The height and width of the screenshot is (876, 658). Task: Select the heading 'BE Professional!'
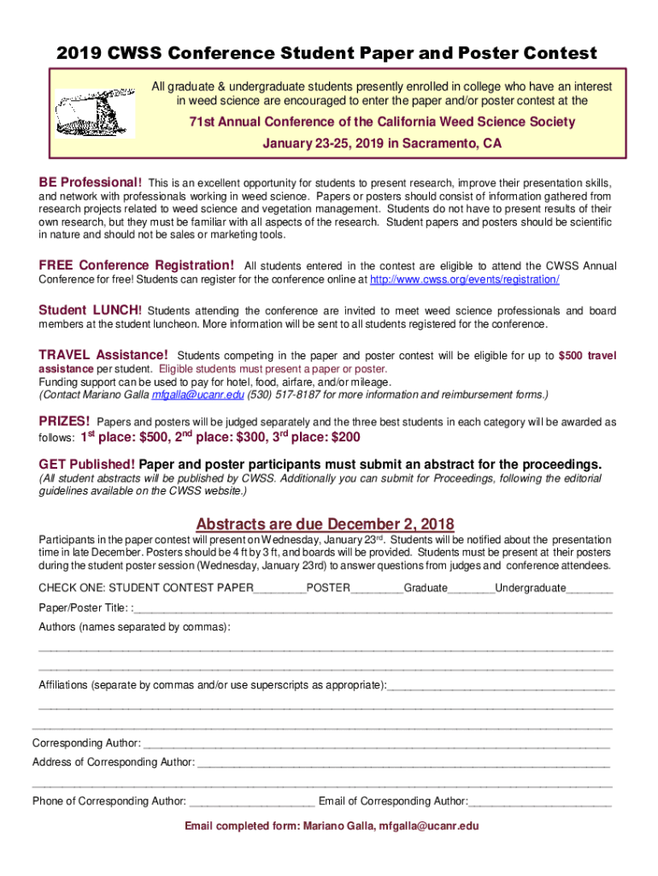point(91,183)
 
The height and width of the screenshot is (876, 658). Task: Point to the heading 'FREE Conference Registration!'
point(137,265)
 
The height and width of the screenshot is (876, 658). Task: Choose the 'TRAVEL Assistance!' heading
point(103,354)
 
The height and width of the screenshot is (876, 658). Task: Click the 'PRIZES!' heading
point(65,421)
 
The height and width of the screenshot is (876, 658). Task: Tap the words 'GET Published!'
point(87,465)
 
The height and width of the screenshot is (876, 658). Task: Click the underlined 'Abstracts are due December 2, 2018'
point(325,524)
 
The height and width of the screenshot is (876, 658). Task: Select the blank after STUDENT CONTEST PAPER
point(280,589)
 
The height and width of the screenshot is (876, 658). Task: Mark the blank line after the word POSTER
point(377,589)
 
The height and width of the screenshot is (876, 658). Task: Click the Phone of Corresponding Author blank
point(252,802)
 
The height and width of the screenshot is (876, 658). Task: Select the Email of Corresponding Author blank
point(540,802)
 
